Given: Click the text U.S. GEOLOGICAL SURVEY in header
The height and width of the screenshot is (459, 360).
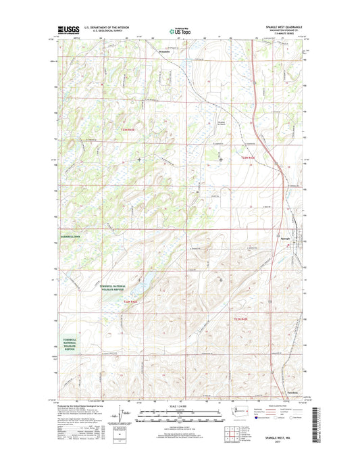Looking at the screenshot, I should pos(107,30).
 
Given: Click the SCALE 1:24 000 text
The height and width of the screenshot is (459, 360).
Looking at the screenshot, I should pos(180,406).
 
